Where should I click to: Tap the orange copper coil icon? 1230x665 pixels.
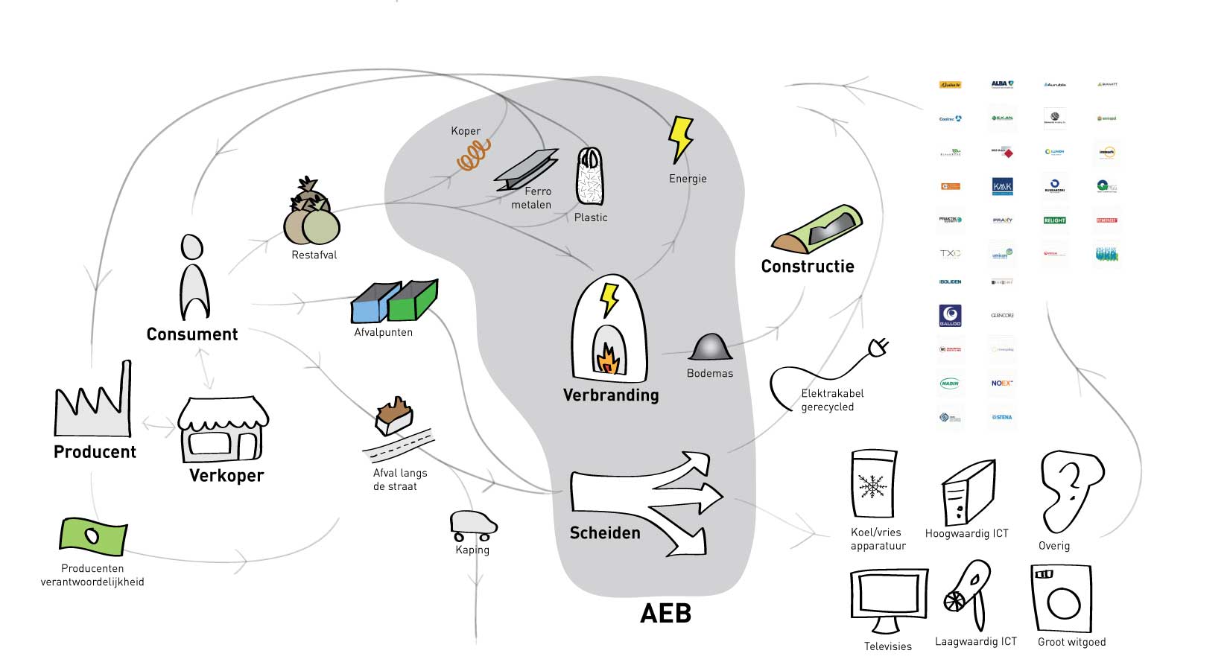[x=473, y=155]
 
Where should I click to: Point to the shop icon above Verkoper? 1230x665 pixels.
[x=224, y=430]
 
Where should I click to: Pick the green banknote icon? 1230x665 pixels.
[x=93, y=537]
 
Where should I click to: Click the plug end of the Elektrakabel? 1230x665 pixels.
[x=878, y=347]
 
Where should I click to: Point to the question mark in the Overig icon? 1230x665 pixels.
[x=1071, y=477]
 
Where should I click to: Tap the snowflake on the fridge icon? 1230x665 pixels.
[x=871, y=486]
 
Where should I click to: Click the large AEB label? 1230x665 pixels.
[x=666, y=614]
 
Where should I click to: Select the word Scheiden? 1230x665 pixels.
[x=605, y=533]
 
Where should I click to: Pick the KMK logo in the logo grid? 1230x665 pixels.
[x=1002, y=185]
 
